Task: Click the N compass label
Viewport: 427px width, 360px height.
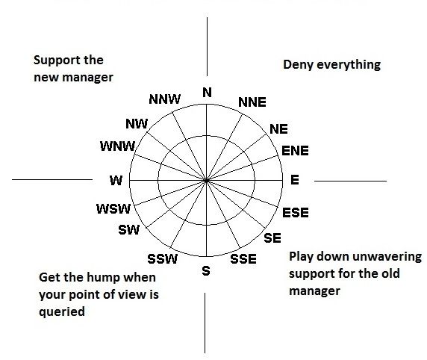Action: [207, 93]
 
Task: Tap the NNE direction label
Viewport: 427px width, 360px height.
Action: [251, 102]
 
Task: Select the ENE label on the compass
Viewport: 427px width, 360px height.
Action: [295, 151]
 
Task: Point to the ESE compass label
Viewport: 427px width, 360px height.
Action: [296, 213]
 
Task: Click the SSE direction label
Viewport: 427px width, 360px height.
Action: [243, 259]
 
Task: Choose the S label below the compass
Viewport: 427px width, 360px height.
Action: [206, 271]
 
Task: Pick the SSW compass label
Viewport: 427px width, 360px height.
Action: [163, 259]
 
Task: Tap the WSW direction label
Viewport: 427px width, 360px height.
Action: [113, 208]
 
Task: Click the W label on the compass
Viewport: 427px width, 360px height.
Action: [115, 180]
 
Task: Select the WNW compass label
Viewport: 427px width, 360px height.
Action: [116, 146]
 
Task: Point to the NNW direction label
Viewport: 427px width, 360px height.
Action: [163, 99]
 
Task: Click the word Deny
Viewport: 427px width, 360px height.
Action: [297, 65]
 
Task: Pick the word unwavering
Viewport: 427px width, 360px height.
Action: [385, 256]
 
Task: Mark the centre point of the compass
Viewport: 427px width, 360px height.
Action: [206, 180]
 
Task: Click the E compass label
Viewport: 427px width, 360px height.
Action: [294, 180]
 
